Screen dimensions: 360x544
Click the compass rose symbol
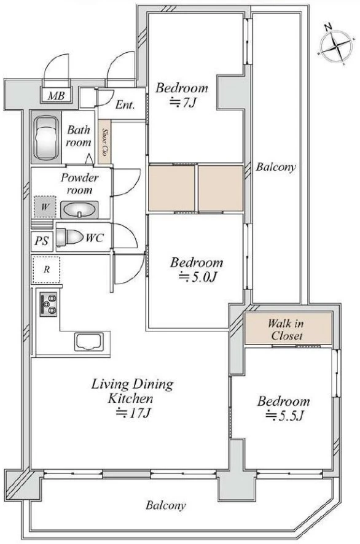[337, 45]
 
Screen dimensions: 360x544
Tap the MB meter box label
[56, 95]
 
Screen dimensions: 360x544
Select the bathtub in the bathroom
[46, 138]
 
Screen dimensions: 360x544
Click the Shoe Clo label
[104, 142]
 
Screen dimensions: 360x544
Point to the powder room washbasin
[79, 209]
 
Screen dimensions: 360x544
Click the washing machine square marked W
[45, 207]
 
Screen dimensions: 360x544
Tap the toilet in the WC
[70, 237]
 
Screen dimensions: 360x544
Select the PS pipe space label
[42, 241]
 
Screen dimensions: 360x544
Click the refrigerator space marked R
[46, 270]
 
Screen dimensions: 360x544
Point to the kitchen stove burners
[49, 305]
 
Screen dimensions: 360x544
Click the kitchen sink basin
[89, 342]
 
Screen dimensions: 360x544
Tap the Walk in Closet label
[286, 330]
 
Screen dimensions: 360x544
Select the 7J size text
[182, 103]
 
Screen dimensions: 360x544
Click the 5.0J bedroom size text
[198, 277]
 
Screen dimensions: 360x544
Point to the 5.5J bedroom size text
[284, 415]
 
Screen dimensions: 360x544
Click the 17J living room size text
[133, 413]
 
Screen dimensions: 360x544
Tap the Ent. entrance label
[125, 104]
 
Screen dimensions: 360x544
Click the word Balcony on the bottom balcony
[166, 505]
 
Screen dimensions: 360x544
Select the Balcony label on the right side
[276, 167]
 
